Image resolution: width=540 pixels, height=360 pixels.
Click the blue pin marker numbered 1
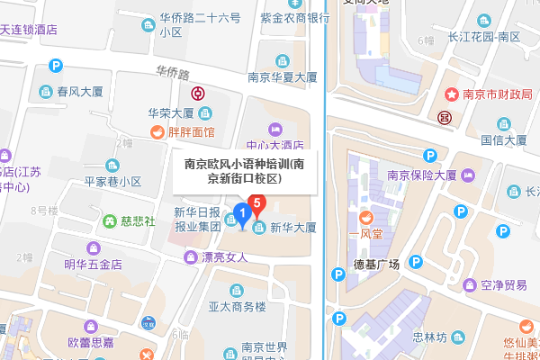(x=241, y=215)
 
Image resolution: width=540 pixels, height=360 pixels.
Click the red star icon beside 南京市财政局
(x=452, y=94)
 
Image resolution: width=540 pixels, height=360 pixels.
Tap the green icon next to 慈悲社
(x=109, y=220)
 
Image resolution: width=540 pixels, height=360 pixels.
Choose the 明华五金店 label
(x=93, y=264)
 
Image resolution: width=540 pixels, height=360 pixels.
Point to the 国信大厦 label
(x=503, y=139)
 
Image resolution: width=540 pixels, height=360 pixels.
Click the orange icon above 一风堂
(x=366, y=217)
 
